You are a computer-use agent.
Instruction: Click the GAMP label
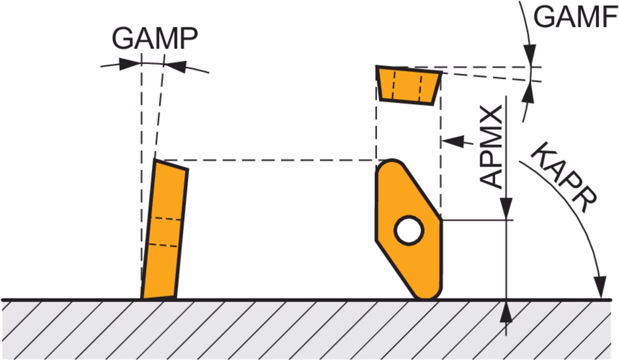click(x=155, y=38)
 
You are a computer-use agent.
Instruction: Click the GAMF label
click(x=575, y=17)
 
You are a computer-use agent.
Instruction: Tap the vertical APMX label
click(x=491, y=147)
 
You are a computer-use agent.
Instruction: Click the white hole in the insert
click(x=409, y=230)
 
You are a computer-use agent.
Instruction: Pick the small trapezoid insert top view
click(x=408, y=86)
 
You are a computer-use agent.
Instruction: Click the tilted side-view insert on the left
click(x=165, y=229)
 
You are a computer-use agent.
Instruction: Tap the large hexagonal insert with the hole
click(x=408, y=229)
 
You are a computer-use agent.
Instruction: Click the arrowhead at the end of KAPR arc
click(x=600, y=287)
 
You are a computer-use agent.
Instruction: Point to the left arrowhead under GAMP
click(x=130, y=64)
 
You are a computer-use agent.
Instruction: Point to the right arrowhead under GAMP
click(x=176, y=67)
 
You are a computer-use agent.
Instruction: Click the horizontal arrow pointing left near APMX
click(x=457, y=141)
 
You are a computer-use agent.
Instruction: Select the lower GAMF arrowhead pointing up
click(x=529, y=92)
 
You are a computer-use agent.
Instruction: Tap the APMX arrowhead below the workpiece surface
click(x=506, y=312)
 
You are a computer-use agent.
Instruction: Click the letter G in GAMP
click(x=123, y=38)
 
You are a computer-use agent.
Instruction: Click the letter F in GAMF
click(x=609, y=17)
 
